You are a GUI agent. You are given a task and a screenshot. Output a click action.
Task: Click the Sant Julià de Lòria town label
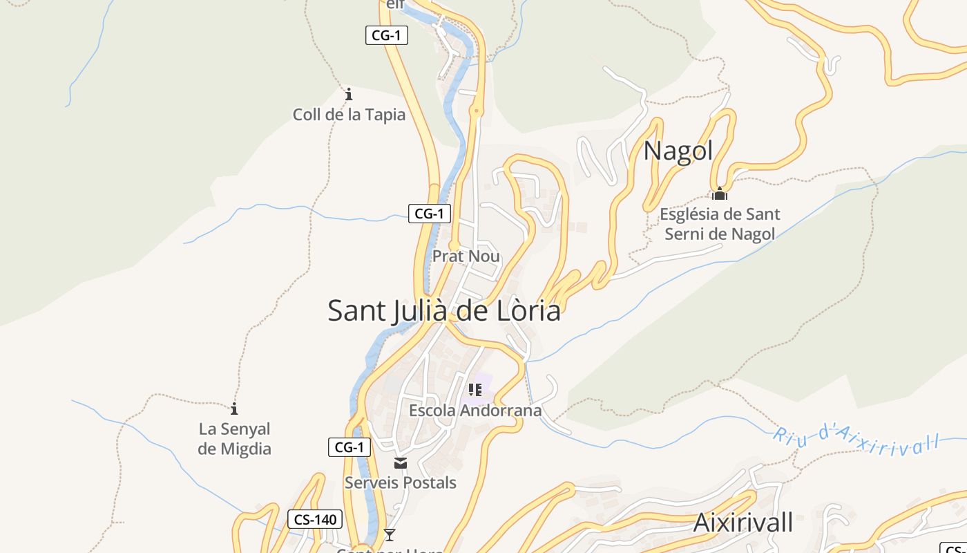coord(443,310)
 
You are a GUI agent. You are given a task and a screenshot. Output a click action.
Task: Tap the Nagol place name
coord(678,151)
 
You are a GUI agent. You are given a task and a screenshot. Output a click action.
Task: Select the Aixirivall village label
coord(743,523)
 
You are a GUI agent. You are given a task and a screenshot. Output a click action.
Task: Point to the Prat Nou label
coord(466,256)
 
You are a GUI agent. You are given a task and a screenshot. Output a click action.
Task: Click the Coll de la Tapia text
coord(349,114)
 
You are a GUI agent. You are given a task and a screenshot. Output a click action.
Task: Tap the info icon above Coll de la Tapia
coord(349,94)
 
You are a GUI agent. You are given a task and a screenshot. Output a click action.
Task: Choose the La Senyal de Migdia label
coord(234,439)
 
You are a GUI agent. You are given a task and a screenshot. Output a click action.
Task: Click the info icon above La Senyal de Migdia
coord(234,409)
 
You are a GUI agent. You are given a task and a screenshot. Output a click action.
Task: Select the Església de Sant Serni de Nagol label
coord(720,224)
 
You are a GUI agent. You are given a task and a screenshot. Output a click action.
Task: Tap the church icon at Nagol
coord(720,194)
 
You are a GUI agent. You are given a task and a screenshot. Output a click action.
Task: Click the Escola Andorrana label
coord(475,411)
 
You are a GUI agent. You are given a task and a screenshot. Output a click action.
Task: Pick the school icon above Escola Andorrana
coord(475,390)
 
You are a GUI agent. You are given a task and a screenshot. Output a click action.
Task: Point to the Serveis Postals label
coord(401,482)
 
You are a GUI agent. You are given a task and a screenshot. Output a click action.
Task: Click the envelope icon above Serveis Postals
coord(401,463)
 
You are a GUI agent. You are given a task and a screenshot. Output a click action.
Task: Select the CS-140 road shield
coord(315,519)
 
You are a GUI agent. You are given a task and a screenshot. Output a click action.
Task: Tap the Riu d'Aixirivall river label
coord(856,440)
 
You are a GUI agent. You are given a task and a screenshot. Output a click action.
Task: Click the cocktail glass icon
coord(390,534)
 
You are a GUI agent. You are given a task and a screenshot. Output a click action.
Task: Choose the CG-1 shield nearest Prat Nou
coord(429,214)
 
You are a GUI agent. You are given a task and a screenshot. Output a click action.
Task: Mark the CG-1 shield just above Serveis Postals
coord(349,447)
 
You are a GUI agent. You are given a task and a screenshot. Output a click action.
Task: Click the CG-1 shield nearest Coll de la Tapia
coord(386,35)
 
